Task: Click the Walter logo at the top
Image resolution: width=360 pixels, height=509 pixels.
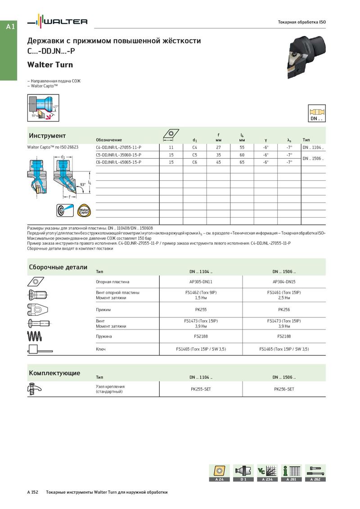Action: coord(58,21)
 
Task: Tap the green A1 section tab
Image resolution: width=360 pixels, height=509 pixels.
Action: coord(11,27)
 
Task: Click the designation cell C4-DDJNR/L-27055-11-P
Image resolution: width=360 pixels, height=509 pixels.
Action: coord(119,147)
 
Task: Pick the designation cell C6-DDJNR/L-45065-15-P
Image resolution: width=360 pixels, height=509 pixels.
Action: coord(119,162)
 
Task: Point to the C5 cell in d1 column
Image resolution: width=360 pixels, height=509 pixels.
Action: coord(195,155)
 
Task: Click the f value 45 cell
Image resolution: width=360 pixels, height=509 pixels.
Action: coord(218,162)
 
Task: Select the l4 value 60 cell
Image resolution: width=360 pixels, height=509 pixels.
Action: coord(242,155)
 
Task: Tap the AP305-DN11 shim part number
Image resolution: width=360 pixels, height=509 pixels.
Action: coord(201,282)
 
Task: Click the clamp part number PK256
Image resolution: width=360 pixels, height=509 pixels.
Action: coord(284,310)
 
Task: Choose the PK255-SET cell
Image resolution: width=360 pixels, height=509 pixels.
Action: coord(201,389)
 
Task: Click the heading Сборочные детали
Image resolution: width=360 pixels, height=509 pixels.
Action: coord(58,267)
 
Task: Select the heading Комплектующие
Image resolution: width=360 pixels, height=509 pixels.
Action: coord(54,373)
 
